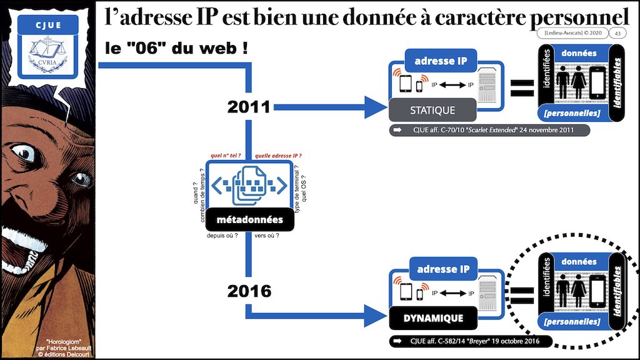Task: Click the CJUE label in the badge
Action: coord(47,25)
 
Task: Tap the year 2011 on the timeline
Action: coord(248,107)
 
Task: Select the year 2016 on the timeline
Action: coord(249,291)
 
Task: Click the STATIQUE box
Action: coord(432,110)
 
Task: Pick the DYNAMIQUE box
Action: coord(432,318)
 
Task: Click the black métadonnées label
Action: coord(249,220)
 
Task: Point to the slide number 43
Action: coord(617,34)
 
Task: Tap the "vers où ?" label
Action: coord(267,236)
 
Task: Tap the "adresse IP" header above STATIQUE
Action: coord(441,62)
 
